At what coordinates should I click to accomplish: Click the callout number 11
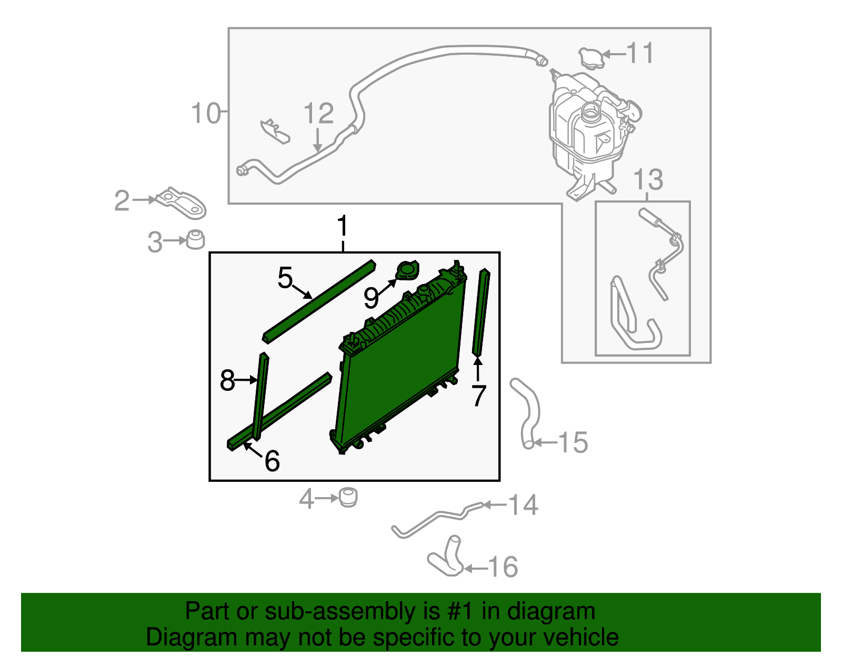(640, 53)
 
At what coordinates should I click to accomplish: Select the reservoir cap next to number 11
(592, 58)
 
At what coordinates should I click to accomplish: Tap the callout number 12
(318, 113)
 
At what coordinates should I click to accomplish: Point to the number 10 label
(206, 113)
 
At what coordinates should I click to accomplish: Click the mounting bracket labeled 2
(182, 203)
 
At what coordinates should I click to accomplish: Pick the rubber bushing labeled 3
(196, 240)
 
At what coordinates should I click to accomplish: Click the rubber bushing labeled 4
(348, 498)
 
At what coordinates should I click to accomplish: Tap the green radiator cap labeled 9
(407, 270)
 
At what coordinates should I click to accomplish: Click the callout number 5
(285, 277)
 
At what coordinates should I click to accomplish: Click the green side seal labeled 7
(481, 312)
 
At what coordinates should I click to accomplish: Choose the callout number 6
(272, 461)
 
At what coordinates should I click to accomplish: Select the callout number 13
(648, 180)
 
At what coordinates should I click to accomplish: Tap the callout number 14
(524, 505)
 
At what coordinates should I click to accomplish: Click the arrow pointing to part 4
(327, 498)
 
